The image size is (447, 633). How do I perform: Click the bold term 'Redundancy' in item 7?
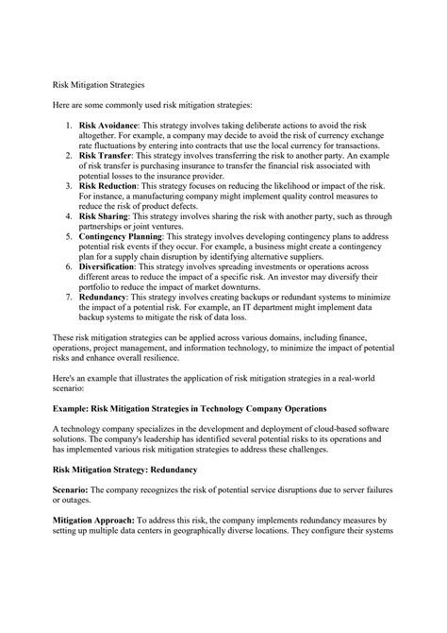click(133, 322)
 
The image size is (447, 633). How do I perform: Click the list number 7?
click(93, 322)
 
